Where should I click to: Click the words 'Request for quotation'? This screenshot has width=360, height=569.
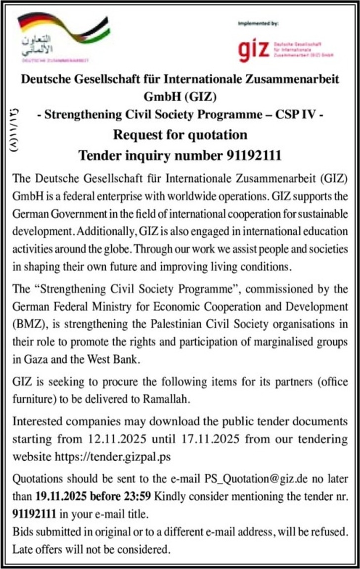coord(180,134)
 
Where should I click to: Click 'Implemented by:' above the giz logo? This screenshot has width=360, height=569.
coord(258,23)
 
